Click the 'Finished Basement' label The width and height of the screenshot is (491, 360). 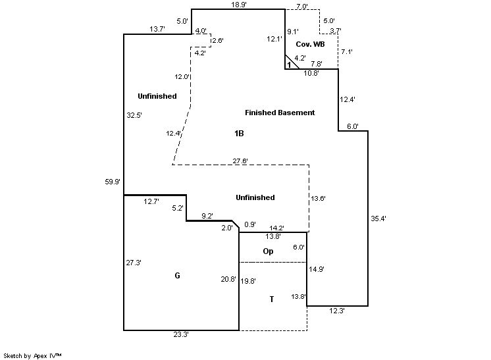click(280, 113)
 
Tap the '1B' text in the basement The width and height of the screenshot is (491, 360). click(239, 134)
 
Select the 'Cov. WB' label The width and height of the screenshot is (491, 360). click(309, 44)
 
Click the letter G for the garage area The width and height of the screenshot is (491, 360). click(177, 276)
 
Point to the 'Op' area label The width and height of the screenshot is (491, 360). click(268, 251)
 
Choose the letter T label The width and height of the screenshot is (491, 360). click(271, 299)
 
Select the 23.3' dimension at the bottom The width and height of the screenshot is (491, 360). click(181, 335)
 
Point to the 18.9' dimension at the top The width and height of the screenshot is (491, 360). click(239, 5)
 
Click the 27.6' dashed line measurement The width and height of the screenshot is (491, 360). click(241, 161)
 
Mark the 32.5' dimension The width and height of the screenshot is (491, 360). click(134, 115)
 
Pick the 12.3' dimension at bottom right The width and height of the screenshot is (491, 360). click(337, 311)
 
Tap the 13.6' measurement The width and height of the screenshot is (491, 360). click(318, 198)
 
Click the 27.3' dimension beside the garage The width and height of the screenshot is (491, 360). click(134, 263)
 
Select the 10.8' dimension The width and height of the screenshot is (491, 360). click(311, 73)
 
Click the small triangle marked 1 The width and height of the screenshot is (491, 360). click(289, 64)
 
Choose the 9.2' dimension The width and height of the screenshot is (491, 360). click(207, 215)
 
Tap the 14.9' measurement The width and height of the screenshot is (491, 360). click(317, 269)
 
